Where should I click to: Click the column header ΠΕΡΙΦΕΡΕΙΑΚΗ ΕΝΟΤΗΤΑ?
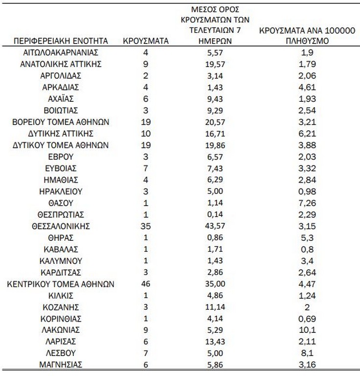(x=61, y=41)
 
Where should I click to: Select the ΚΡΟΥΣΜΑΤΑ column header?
(x=145, y=41)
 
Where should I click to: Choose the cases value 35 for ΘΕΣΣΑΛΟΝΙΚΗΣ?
(x=145, y=226)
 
